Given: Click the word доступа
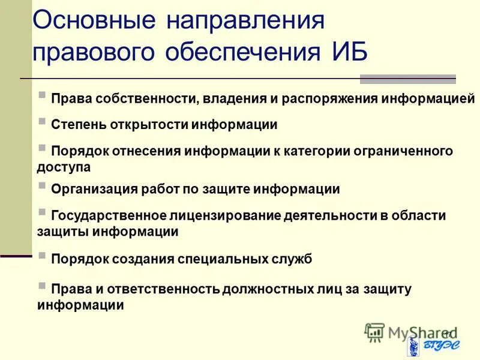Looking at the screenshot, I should [x=64, y=167].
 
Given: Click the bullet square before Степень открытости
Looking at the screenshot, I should [x=42, y=121].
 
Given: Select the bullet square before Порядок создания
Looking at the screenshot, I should [x=42, y=255].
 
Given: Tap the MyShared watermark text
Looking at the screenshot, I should [x=414, y=332].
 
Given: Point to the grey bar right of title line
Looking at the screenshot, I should [x=407, y=79].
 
